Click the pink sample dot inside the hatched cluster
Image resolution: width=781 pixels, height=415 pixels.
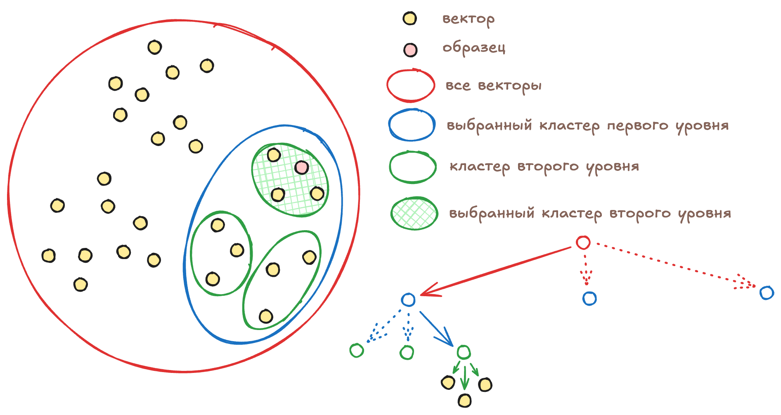301,167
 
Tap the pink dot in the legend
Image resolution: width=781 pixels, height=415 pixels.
410,50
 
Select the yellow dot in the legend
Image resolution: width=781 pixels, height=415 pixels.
409,19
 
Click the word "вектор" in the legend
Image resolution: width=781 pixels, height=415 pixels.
468,19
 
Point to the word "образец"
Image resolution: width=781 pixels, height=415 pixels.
473,48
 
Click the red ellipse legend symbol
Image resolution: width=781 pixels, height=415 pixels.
411,85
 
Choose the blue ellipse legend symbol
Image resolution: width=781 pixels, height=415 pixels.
412,125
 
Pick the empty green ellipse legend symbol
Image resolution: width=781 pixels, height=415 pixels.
412,167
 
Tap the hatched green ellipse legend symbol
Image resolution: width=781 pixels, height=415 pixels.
414,213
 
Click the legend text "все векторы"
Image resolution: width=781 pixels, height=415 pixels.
493,86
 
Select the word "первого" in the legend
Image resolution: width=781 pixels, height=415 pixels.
637,125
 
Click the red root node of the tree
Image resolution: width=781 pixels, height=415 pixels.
583,243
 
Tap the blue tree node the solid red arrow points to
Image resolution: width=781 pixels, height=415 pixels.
408,300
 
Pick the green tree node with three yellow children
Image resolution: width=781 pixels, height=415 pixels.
464,352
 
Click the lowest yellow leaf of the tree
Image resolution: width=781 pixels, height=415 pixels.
465,400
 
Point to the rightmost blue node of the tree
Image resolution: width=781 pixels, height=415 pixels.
767,293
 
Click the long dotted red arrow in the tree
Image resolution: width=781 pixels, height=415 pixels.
677,266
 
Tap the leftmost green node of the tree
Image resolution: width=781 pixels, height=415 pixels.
357,351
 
